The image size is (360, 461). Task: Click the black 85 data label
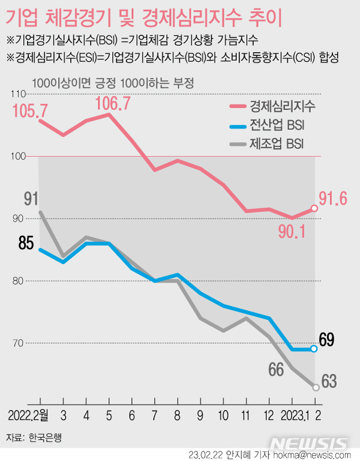26,244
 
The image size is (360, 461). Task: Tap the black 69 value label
326,340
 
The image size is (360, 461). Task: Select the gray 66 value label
276,369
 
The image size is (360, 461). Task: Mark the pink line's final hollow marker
316,208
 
